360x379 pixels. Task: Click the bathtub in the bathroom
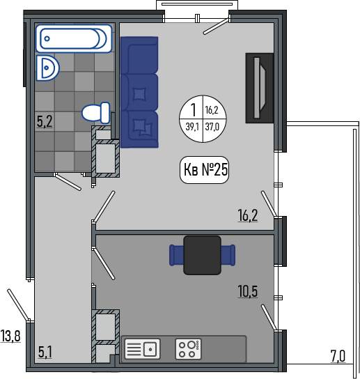tap(74, 38)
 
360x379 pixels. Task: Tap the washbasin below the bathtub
tap(48, 68)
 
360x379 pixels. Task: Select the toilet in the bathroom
tap(96, 112)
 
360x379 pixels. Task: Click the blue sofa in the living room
tap(139, 92)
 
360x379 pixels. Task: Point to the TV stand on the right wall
tap(260, 88)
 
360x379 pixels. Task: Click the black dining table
tap(202, 255)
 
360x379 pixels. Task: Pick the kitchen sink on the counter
tap(142, 349)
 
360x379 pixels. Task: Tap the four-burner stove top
tap(188, 349)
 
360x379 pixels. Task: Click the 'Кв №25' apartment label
tap(205, 169)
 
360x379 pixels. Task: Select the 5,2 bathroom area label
tap(45, 121)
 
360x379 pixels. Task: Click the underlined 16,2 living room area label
tap(248, 215)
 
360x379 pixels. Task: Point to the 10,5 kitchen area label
tap(248, 291)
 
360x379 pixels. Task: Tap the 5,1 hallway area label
tap(45, 352)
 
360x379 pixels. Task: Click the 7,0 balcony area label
tap(338, 356)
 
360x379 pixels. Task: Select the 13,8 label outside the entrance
tap(10, 336)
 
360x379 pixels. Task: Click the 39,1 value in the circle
tap(192, 126)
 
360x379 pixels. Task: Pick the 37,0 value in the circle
tap(212, 126)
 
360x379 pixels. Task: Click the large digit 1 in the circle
tap(194, 110)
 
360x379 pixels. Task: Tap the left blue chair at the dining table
tap(176, 255)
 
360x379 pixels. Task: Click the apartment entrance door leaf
tap(18, 305)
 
